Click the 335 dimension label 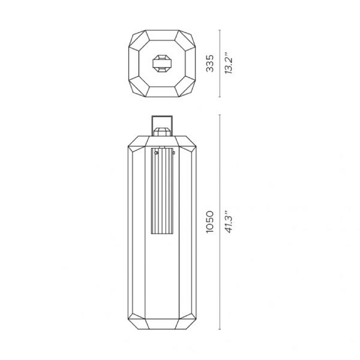click(210, 63)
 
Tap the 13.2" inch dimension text click(229, 62)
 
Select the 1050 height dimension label click(210, 222)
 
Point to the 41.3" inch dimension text click(229, 221)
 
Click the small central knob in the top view click(162, 63)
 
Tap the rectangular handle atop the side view click(162, 117)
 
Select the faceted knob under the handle click(162, 132)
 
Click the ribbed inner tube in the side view click(162, 191)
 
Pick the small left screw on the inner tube click(157, 153)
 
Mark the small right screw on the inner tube click(174, 153)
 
